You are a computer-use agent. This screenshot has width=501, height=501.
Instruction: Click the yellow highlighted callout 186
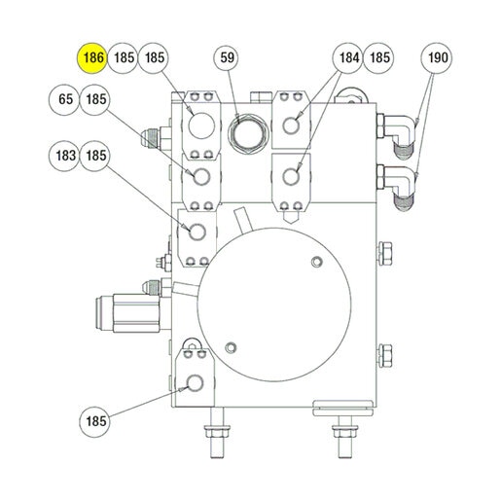92,58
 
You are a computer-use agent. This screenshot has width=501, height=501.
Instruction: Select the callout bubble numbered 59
227,58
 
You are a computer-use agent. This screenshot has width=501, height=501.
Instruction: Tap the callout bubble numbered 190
436,58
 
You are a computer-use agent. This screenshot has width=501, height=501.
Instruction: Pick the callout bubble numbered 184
347,58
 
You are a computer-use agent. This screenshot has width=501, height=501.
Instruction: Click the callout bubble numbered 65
64,99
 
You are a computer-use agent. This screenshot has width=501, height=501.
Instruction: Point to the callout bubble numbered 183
64,156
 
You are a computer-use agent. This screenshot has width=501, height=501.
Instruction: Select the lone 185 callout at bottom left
94,422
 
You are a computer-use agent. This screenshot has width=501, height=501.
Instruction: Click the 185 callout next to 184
378,58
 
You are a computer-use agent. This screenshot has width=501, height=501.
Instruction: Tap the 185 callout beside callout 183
94,156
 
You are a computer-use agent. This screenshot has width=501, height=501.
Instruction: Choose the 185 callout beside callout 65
94,99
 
